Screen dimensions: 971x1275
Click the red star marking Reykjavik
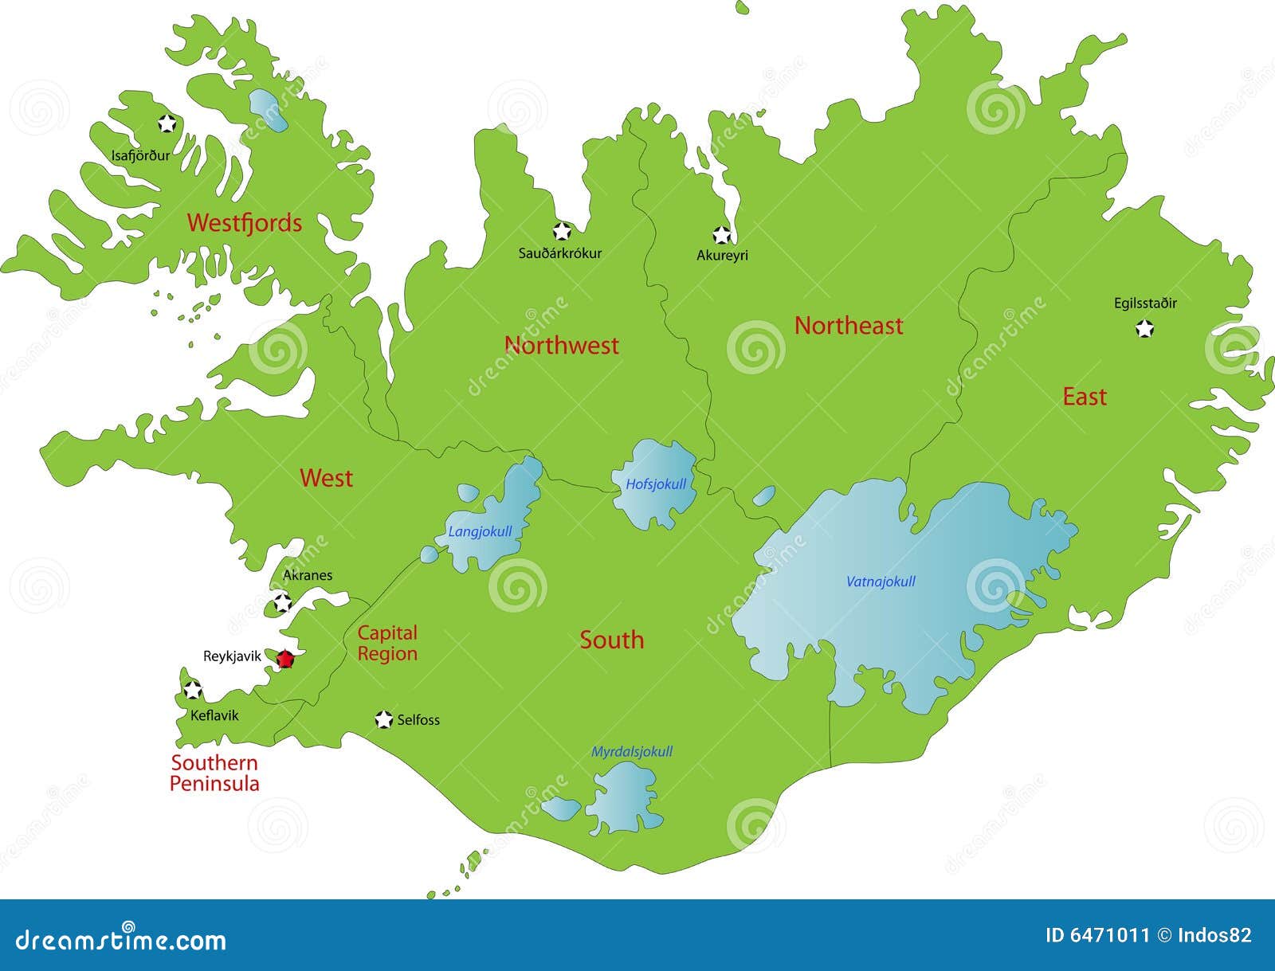click(x=285, y=659)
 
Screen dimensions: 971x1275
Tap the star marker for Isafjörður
click(x=167, y=123)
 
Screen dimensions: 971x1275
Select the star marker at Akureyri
click(x=721, y=235)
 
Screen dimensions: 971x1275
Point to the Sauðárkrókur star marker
click(x=562, y=232)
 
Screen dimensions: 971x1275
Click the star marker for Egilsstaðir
click(x=1145, y=328)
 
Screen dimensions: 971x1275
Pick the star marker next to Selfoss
click(x=384, y=719)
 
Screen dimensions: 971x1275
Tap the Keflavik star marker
click(x=192, y=689)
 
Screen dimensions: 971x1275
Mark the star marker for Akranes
click(x=282, y=603)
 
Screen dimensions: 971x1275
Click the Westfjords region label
click(x=245, y=223)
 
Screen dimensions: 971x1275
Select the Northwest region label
click(x=561, y=345)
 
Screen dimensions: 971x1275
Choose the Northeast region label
click(x=849, y=325)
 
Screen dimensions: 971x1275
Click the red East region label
click(x=1085, y=397)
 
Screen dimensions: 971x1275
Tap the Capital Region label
click(x=387, y=643)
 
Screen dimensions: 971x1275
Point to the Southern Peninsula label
click(x=214, y=773)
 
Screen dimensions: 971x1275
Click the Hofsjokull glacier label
click(x=656, y=484)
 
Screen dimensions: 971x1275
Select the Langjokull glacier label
click(x=480, y=532)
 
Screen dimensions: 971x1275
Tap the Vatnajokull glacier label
click(x=881, y=581)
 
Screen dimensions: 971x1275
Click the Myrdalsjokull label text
click(x=632, y=751)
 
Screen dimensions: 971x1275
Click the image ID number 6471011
click(x=1097, y=935)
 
